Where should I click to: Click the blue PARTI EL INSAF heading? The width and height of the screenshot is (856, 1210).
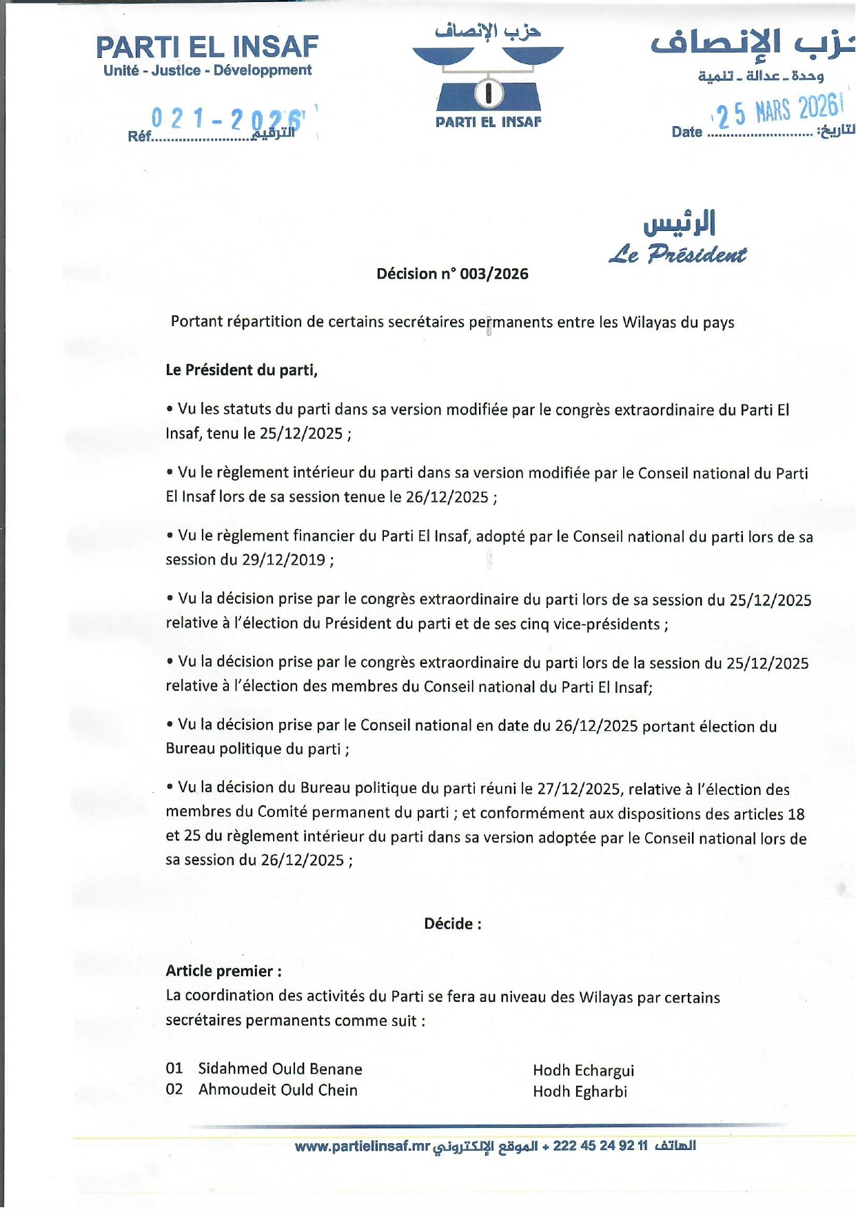coord(207,47)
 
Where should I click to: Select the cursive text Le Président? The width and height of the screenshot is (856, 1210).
coord(677,255)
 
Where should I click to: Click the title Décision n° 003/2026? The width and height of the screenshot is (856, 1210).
coord(452,274)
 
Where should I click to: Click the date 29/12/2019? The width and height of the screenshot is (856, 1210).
coord(283,559)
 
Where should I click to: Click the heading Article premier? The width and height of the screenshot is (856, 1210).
coord(223,971)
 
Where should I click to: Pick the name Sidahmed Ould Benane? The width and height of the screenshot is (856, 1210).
coord(280,1069)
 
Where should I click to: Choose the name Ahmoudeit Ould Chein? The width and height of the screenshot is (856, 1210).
coord(278,1090)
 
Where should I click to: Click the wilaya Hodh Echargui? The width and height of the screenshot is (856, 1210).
coord(583,1070)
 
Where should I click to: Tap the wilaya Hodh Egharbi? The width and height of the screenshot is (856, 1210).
coord(580,1091)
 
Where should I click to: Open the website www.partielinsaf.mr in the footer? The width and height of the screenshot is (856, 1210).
coord(363,1146)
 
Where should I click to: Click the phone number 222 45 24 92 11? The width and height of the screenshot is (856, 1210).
coord(600,1146)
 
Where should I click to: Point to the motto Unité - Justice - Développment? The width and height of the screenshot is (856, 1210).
coord(207,70)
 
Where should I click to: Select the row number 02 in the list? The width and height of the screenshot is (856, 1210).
coord(174,1089)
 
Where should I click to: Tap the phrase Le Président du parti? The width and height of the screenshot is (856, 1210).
coord(241,370)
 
